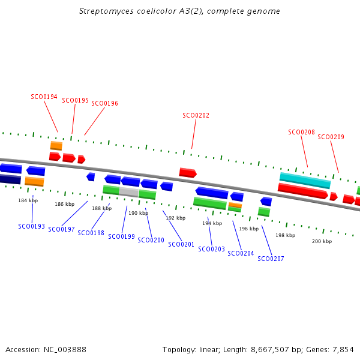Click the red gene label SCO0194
click(44, 97)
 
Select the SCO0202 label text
click(196, 115)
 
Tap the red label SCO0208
click(301, 132)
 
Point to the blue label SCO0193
click(31, 226)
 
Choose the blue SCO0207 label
click(271, 259)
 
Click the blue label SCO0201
click(181, 244)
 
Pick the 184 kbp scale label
click(28, 200)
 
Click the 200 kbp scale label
click(322, 241)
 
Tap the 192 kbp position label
click(175, 218)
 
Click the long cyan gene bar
click(305, 180)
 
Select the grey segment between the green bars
click(128, 192)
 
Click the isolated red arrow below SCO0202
click(188, 173)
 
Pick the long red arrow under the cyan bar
click(302, 191)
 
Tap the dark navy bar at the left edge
click(10, 179)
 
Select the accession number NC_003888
click(64, 349)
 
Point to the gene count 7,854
click(343, 349)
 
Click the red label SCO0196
click(104, 103)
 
